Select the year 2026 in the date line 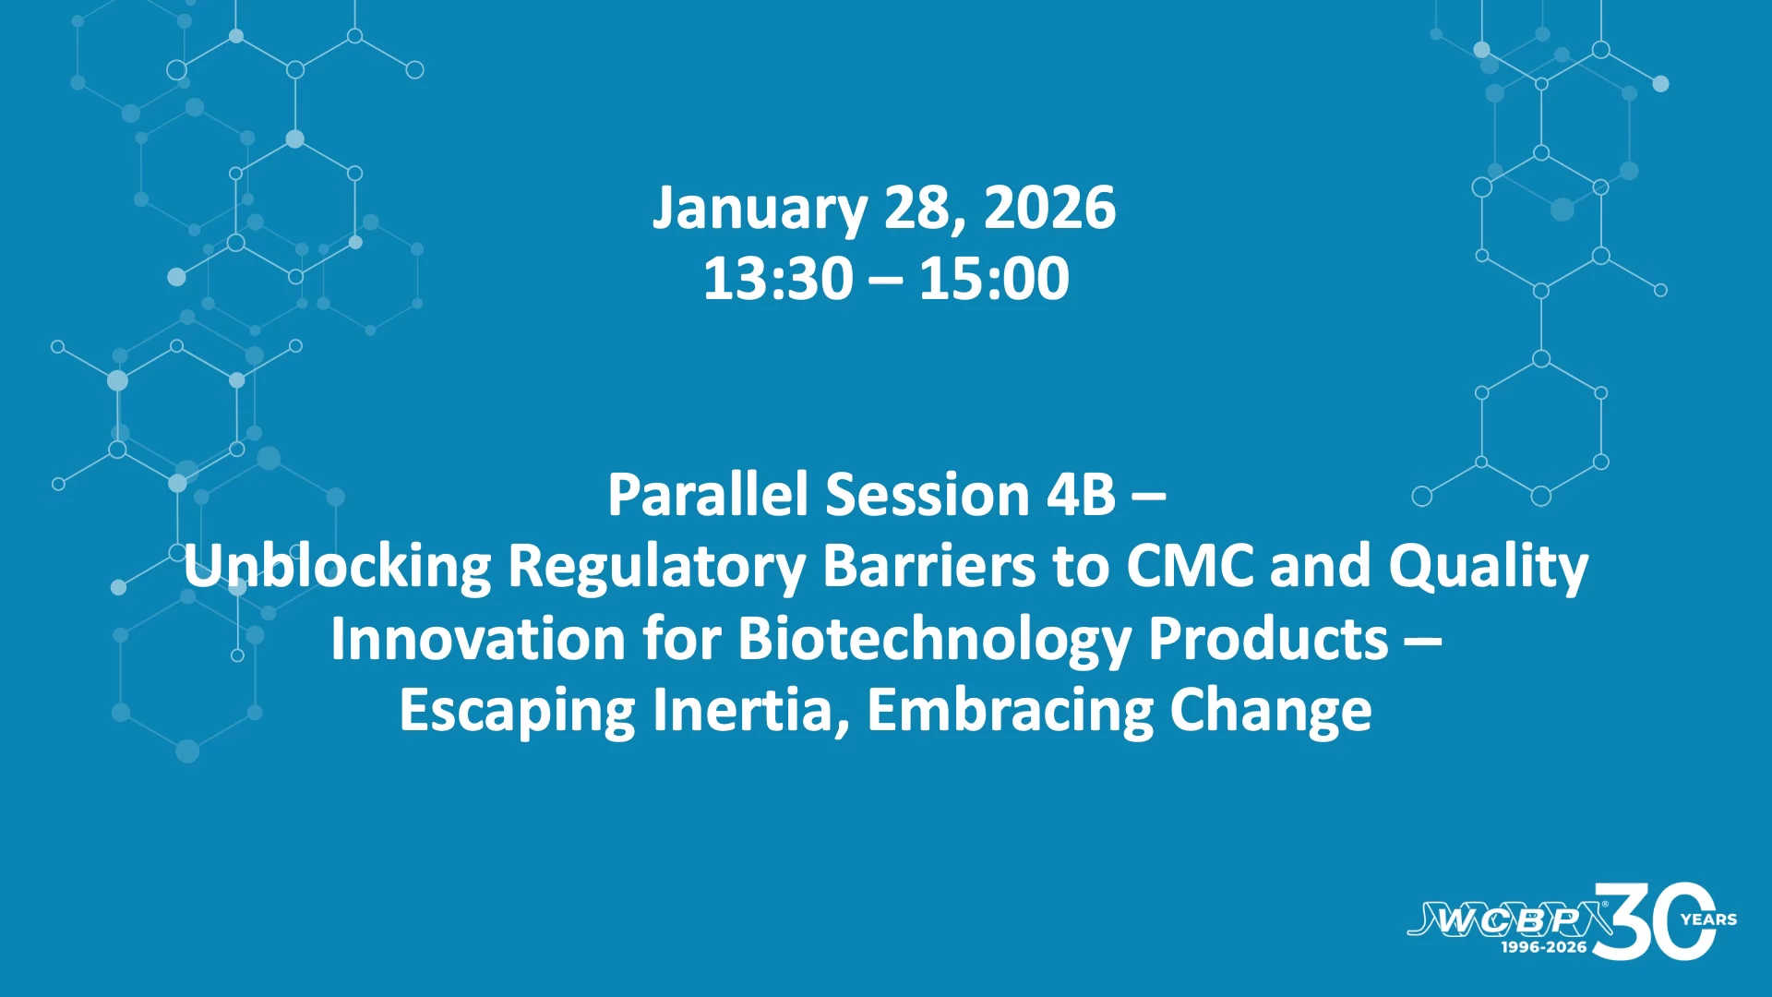[1050, 208]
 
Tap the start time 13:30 [778, 279]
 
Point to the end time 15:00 [995, 279]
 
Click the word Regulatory [657, 568]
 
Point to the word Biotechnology [935, 640]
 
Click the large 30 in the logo [1655, 921]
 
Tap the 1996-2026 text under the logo [1544, 947]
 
